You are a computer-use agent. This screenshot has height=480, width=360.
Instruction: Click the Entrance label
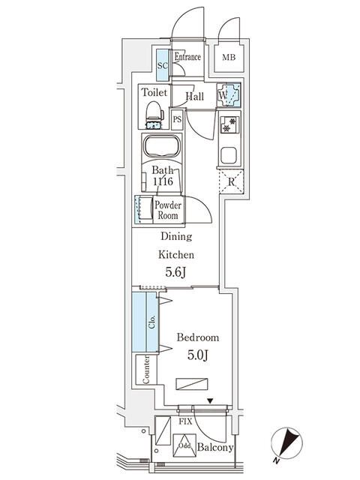(x=187, y=57)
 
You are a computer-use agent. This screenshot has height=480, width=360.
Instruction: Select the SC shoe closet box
(x=162, y=65)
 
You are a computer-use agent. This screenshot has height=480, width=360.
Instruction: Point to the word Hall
(x=195, y=97)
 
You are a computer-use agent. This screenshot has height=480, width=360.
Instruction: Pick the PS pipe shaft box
(x=178, y=119)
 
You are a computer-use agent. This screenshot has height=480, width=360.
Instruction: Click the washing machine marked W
(x=229, y=96)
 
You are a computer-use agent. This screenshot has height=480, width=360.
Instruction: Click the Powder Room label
(x=166, y=210)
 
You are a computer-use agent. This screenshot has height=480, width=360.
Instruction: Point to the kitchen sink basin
(x=229, y=157)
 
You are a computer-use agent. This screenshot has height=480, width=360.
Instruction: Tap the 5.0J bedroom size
(x=197, y=355)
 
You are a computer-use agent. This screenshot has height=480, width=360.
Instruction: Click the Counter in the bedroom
(x=145, y=370)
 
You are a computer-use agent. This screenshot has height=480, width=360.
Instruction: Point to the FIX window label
(x=184, y=423)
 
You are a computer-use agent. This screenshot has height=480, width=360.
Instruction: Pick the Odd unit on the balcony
(x=184, y=445)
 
